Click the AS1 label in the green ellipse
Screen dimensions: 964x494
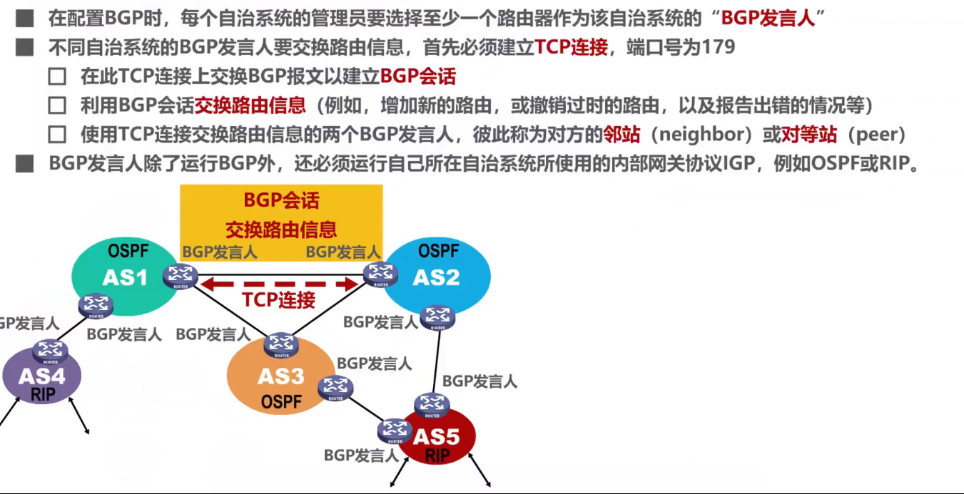(125, 277)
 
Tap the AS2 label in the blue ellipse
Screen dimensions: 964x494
(436, 277)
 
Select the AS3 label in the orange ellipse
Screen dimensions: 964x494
(281, 376)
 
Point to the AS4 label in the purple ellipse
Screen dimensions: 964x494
(41, 376)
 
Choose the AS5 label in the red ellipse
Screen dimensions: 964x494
(437, 437)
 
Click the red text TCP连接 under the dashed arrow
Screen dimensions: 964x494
(278, 299)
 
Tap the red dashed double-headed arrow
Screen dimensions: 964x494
(278, 284)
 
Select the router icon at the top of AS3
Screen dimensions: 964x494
(281, 344)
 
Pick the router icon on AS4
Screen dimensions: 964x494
(50, 351)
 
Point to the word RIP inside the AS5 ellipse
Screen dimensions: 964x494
(437, 456)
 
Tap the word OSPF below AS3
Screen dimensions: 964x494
(281, 401)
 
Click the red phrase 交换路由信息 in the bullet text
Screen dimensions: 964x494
(250, 106)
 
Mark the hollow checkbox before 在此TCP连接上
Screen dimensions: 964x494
(57, 77)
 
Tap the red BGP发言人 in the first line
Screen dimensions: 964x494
(768, 19)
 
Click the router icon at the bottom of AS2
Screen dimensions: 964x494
(436, 317)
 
